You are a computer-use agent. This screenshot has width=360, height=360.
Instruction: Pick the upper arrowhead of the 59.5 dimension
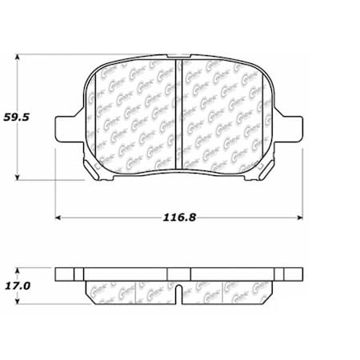click(19, 58)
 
